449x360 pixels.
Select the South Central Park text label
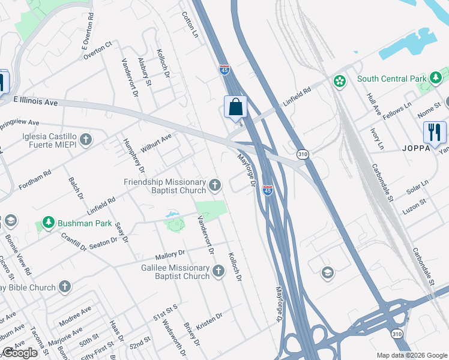point(391,79)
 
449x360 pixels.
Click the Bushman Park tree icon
point(49,223)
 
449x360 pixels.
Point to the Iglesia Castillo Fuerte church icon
point(86,140)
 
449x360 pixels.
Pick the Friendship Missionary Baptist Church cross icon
point(215,187)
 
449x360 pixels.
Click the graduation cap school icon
point(327,273)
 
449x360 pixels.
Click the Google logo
point(20,353)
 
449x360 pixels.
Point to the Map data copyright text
point(412,355)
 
